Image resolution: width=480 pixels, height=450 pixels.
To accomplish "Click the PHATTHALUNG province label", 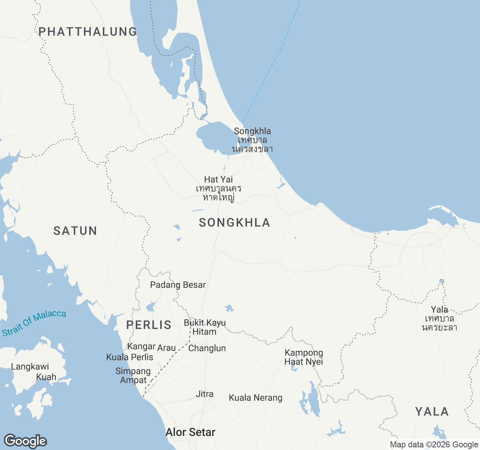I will [88, 31].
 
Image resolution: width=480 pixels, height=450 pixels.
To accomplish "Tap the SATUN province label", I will [75, 231].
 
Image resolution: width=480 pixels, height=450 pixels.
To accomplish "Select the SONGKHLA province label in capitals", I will [234, 223].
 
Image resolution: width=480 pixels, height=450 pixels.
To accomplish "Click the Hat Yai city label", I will [219, 180].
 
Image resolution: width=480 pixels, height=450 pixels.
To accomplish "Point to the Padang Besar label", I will [178, 285].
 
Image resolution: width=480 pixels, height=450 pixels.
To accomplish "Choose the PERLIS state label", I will [149, 325].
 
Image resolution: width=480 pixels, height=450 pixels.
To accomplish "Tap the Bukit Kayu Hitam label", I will [205, 327].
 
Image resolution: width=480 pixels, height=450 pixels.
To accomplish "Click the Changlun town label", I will [207, 348].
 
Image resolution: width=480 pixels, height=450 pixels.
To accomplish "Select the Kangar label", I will [141, 346].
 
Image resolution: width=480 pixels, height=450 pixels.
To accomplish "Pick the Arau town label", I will [166, 348].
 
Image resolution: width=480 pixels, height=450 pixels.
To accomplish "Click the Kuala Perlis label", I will [130, 357].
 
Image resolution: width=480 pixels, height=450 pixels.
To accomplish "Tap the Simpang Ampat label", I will [133, 375].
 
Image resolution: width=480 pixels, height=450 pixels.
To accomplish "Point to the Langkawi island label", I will [30, 367].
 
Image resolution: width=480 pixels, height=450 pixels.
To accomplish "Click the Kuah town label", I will [46, 377].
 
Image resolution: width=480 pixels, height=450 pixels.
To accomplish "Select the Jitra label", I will [205, 394].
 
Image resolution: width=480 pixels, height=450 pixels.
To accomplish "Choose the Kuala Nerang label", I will [256, 398].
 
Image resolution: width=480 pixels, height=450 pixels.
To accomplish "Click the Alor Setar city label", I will [190, 432].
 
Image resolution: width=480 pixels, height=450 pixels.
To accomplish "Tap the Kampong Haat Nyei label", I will [304, 357].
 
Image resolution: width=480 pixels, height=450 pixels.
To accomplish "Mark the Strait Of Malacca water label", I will [34, 323].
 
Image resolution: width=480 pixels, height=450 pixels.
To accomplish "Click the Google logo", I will [25, 441].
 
